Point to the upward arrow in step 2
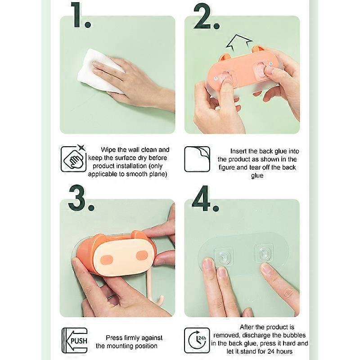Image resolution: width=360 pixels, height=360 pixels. click(239, 43)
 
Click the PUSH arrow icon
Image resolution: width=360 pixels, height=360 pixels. click(75, 341)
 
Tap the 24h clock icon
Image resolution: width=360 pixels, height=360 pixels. click(197, 340)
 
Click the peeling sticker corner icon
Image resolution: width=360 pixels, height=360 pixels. click(197, 159)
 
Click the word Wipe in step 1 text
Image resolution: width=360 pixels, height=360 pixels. click(108, 150)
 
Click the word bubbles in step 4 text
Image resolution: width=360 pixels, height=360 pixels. click(294, 335)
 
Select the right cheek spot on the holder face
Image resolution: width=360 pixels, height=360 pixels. click(142, 255)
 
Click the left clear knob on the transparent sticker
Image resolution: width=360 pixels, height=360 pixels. click(223, 255)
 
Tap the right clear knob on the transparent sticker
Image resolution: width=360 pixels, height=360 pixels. click(264, 253)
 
